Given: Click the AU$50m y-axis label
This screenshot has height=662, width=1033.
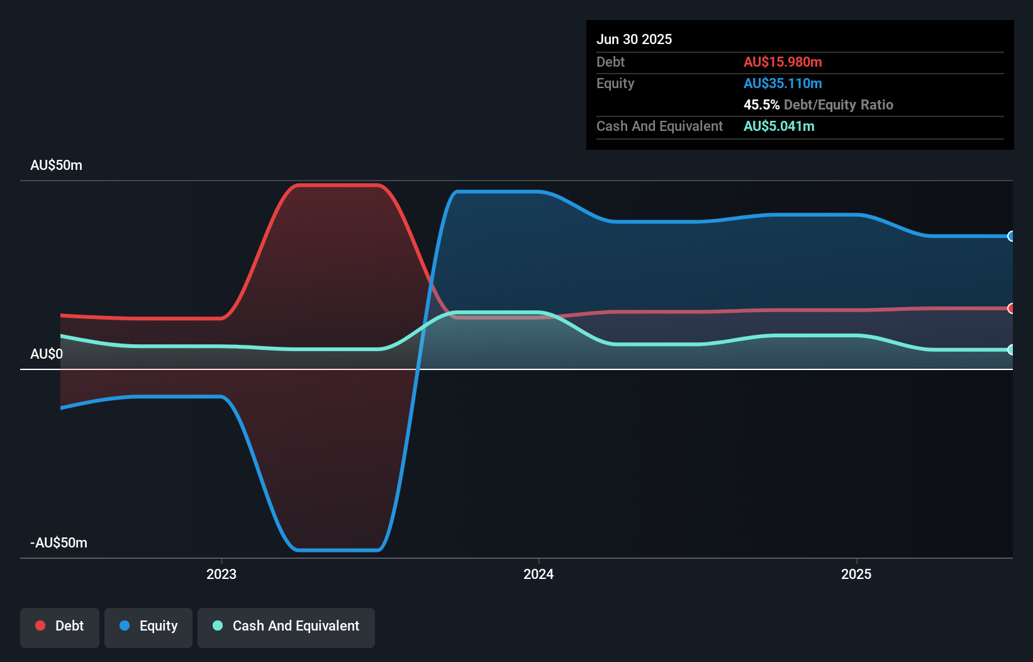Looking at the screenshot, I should click(x=56, y=165).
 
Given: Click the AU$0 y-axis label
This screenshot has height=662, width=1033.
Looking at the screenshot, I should click(x=47, y=354).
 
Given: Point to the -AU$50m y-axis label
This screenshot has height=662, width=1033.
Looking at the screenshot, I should click(x=59, y=542).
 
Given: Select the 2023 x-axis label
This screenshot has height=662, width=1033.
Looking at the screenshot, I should click(x=221, y=574).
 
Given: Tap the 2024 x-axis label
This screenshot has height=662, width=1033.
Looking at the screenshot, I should click(x=539, y=574).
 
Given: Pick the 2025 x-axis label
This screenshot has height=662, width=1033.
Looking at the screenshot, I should click(x=856, y=574).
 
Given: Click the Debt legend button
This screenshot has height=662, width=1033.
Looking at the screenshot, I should click(x=60, y=626).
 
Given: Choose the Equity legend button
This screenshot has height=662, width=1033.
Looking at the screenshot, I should click(x=148, y=626).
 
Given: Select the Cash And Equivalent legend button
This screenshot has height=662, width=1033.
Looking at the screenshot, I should click(x=286, y=626).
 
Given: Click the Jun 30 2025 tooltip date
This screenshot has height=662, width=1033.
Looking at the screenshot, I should click(x=634, y=39).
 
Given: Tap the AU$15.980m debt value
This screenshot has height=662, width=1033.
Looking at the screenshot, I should click(x=783, y=62).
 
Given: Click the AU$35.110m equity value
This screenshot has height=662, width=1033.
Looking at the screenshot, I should click(x=783, y=83).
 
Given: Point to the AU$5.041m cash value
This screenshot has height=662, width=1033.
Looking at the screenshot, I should click(x=779, y=126).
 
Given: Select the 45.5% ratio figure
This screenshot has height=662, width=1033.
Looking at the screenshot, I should click(x=761, y=104).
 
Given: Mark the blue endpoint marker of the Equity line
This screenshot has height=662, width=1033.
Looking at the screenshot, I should click(x=1011, y=236).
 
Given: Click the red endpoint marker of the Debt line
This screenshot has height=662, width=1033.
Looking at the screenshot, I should click(x=1011, y=308).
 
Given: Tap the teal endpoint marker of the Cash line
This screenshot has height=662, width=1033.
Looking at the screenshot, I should click(x=1011, y=349).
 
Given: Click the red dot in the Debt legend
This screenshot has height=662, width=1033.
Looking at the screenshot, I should click(x=40, y=626).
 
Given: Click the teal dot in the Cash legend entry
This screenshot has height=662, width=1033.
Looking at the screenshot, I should click(x=218, y=626).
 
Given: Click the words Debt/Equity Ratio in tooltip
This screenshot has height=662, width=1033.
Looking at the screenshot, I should click(x=839, y=104).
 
